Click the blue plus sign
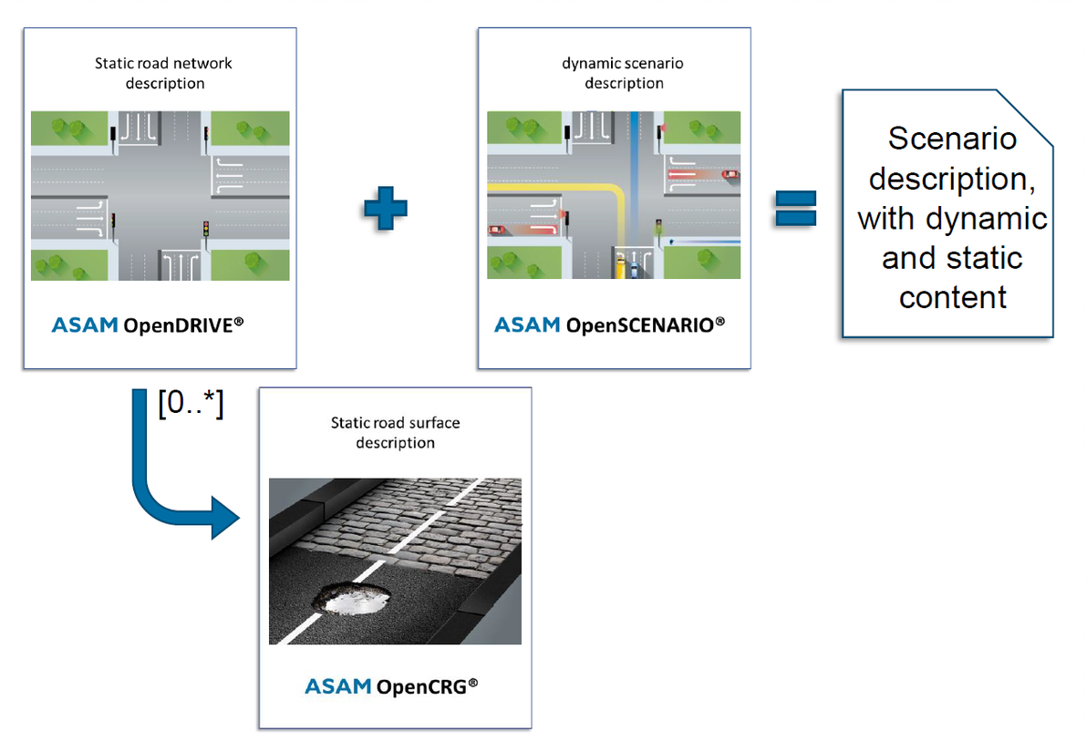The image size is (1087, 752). tap(385, 208)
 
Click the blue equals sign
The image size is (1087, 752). tap(795, 208)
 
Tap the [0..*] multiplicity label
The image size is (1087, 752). tap(191, 403)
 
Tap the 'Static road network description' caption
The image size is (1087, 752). tap(163, 73)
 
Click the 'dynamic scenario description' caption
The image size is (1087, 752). tap(624, 73)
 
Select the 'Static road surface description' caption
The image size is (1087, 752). tap(395, 432)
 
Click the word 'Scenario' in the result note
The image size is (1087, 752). tap(952, 139)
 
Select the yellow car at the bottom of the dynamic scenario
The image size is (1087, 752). tap(621, 265)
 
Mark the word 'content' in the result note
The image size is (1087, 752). tap(952, 297)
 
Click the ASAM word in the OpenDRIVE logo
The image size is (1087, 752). tap(84, 325)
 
